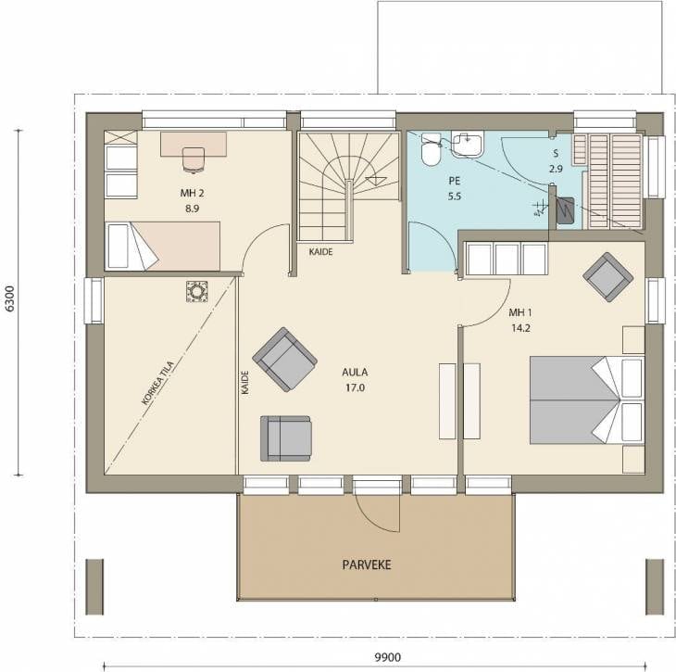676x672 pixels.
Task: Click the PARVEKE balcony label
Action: click(367, 564)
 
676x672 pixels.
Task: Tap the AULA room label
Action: click(355, 372)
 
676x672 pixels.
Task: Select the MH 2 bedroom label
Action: click(193, 193)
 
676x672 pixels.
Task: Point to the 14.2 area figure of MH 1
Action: click(520, 328)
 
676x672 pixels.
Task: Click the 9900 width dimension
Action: click(387, 657)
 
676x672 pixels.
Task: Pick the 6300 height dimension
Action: click(9, 298)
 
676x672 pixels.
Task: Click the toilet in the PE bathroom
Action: click(431, 150)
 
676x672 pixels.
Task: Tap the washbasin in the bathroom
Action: click(468, 145)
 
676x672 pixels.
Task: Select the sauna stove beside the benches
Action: click(565, 210)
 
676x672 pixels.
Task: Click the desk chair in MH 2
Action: click(194, 159)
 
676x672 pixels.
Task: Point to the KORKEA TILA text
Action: click(158, 383)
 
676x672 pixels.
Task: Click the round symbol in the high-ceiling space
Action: click(197, 291)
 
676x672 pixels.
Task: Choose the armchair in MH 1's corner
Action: click(607, 277)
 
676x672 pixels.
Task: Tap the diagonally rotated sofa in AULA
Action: click(284, 360)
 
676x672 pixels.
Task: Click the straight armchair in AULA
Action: click(286, 438)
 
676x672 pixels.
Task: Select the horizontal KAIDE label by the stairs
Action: click(320, 251)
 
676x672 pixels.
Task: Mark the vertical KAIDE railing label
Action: click(244, 383)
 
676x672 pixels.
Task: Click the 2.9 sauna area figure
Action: click(556, 169)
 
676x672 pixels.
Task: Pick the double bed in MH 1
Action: click(587, 400)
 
